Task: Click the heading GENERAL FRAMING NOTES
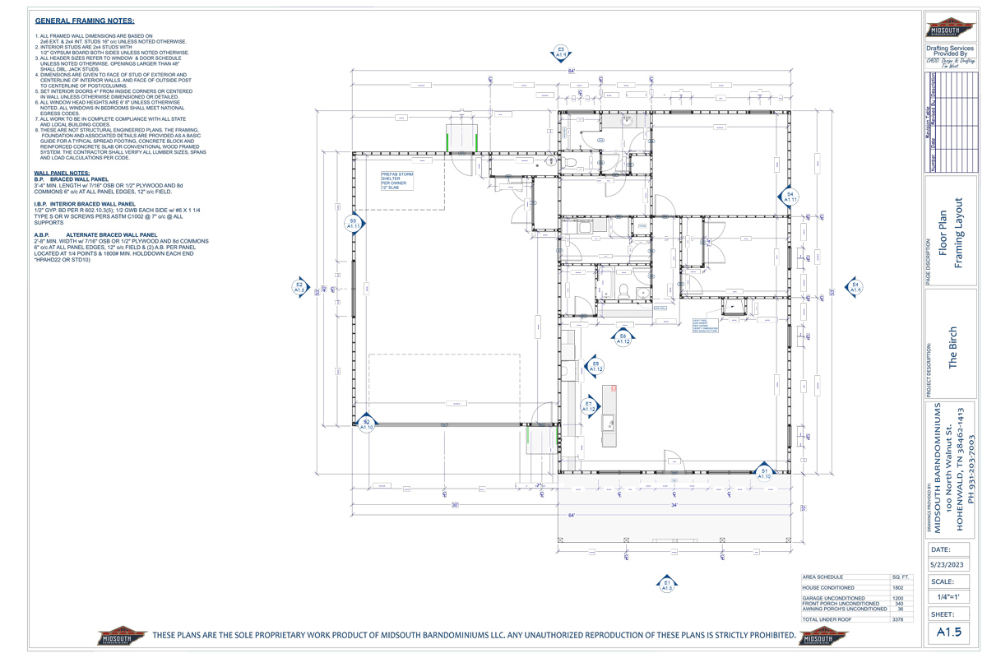click(x=86, y=21)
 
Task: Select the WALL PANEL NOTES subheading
click(x=63, y=173)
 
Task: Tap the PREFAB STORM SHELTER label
click(x=396, y=181)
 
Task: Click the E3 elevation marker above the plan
click(x=561, y=53)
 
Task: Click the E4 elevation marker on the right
click(x=855, y=287)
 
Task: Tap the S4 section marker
click(x=789, y=197)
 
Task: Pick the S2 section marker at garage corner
click(x=366, y=424)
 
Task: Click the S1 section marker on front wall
click(x=764, y=472)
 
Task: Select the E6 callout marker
click(x=623, y=337)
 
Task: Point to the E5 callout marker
click(x=595, y=366)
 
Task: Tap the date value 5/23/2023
click(x=952, y=565)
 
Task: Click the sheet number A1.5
click(x=951, y=632)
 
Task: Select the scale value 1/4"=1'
click(x=952, y=598)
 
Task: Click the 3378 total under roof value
click(x=897, y=619)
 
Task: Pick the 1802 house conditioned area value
click(x=897, y=587)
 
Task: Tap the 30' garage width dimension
click(x=455, y=505)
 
